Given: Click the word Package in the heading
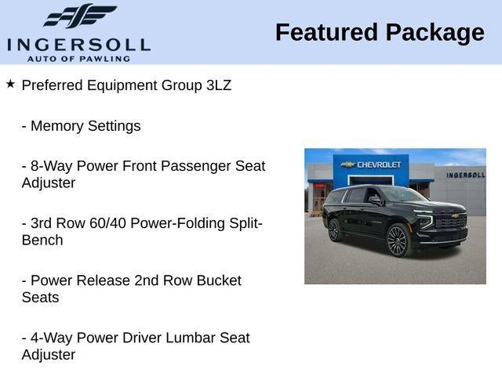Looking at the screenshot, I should (x=435, y=32).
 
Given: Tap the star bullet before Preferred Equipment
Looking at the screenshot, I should (x=10, y=84).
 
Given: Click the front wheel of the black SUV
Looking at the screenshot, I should (x=398, y=240).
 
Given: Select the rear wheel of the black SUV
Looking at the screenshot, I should (x=334, y=230).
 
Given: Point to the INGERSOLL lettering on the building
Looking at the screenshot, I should (x=465, y=175).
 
